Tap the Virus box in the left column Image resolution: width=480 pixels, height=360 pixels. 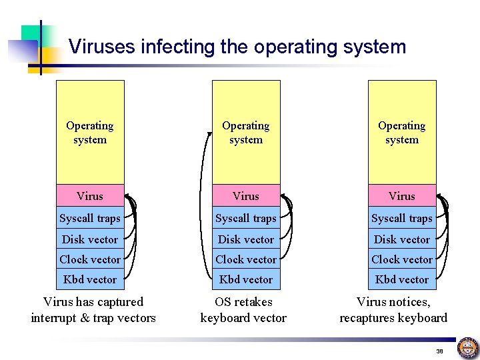[x=90, y=195]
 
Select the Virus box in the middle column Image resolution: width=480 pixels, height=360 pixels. [x=246, y=195]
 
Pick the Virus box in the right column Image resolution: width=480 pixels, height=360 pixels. [x=402, y=195]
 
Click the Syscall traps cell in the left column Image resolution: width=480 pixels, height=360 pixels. [x=90, y=218]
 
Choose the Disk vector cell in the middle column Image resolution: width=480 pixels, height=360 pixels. [x=246, y=239]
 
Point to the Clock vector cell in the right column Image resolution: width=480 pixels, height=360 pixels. [x=402, y=259]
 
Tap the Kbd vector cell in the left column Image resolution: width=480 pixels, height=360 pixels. [x=90, y=279]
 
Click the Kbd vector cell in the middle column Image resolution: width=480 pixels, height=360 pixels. [x=246, y=279]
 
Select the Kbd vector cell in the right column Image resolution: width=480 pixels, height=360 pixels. [x=402, y=279]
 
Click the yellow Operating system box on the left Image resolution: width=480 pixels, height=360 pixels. [x=90, y=132]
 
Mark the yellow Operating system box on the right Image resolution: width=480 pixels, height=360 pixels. [x=402, y=132]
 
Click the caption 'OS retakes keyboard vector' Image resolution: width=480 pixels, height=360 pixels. [x=243, y=310]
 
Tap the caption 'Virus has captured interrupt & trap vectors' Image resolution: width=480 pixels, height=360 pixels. [x=93, y=310]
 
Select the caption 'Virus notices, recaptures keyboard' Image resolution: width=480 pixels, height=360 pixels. [x=393, y=310]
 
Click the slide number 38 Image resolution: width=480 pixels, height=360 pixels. [x=439, y=351]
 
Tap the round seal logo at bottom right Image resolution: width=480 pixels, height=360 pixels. [x=467, y=348]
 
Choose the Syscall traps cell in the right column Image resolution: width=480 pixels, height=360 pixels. [x=402, y=218]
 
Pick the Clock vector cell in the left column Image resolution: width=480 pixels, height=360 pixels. [x=90, y=259]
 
